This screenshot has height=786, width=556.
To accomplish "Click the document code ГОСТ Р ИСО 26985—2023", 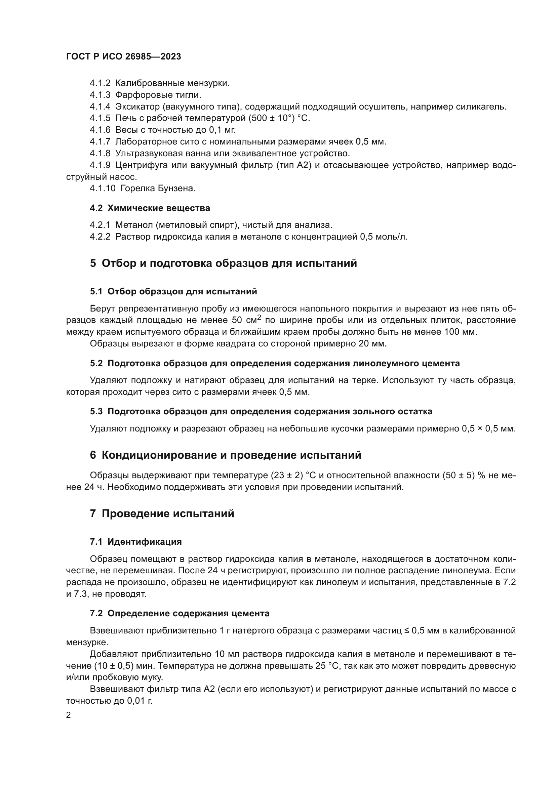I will click(123, 57).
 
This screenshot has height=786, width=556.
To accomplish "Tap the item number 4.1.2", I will click(100, 83).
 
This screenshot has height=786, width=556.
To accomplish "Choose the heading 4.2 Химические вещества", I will click(150, 208).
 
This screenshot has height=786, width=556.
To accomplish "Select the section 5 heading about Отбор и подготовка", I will click(223, 263).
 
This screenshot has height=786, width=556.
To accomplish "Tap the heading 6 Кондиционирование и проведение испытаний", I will click(226, 455).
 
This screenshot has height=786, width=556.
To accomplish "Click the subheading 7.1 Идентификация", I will click(136, 542).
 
